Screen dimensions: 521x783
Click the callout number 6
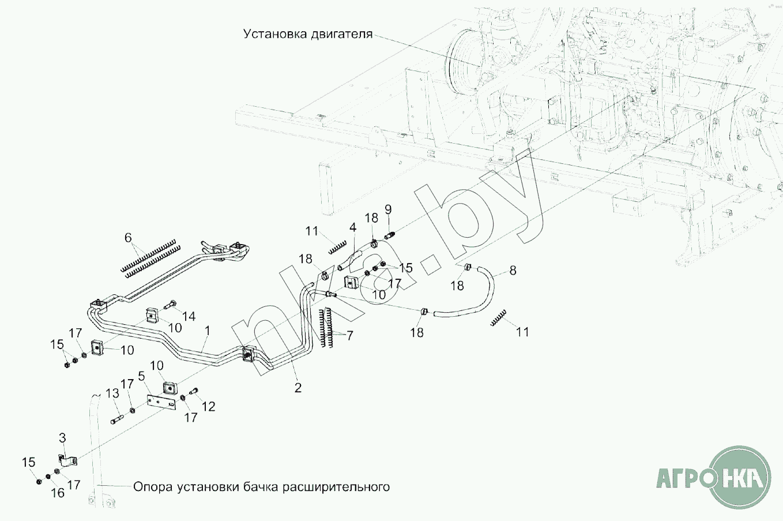click(128, 238)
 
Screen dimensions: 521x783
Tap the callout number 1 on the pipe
click(207, 331)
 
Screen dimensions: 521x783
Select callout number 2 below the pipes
click(298, 388)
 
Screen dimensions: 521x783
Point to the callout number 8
click(513, 269)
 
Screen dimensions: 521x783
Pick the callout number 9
click(387, 209)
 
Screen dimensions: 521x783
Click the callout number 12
click(208, 407)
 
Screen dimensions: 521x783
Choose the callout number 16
click(58, 493)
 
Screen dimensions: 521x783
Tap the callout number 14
click(189, 316)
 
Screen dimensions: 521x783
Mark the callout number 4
click(352, 228)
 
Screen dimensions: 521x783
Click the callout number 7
click(349, 335)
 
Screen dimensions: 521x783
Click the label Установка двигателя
click(307, 33)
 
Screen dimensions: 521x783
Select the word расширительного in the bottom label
click(336, 487)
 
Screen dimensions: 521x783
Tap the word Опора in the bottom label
click(152, 487)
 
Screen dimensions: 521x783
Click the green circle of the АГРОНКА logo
click(739, 478)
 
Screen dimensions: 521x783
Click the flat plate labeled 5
click(161, 402)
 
